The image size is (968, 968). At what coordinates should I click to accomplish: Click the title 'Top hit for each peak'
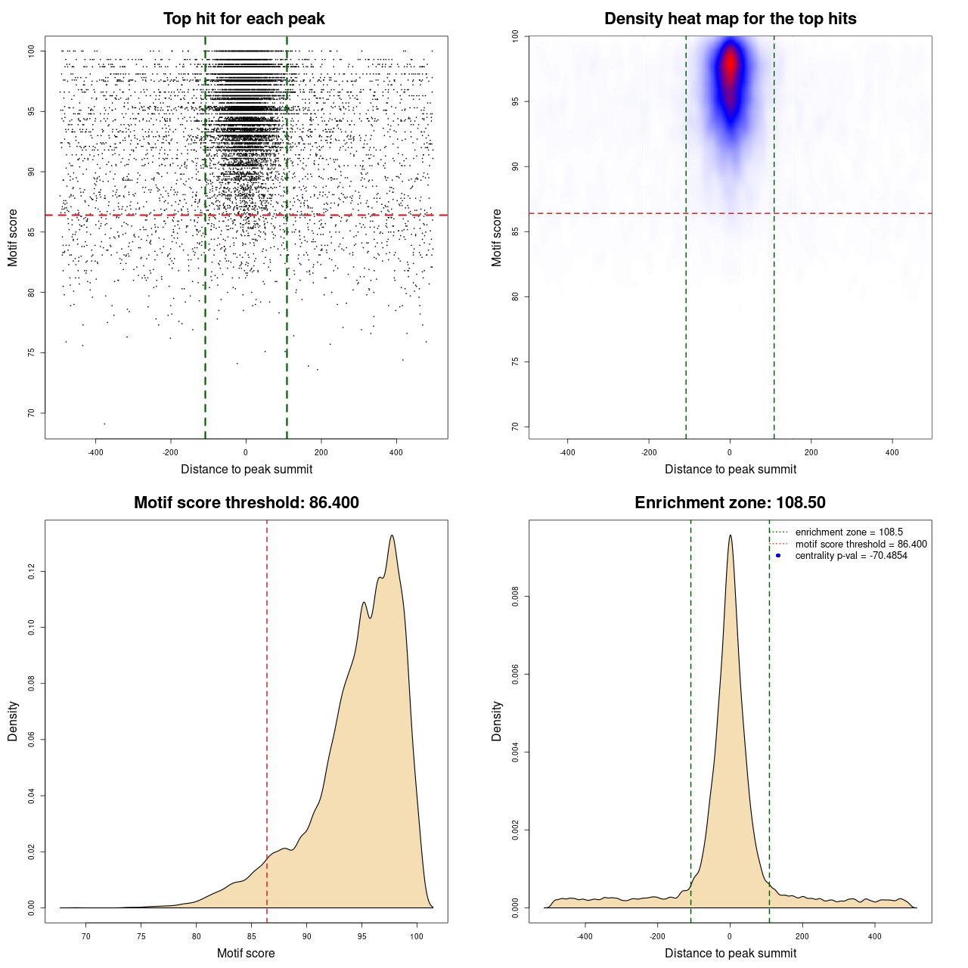244,19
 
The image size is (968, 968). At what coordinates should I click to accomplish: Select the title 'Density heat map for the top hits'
730,19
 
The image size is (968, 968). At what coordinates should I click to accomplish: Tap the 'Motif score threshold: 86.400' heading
246,503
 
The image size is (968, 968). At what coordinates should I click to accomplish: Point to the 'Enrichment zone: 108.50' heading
730,503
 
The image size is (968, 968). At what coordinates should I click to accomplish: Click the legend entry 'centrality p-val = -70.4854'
851,556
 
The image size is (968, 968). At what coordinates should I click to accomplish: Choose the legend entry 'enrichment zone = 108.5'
849,532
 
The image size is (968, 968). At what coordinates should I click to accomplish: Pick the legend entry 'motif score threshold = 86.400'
861,544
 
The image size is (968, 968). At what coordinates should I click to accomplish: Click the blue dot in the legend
778,556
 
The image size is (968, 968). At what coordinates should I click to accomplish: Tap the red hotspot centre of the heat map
730,64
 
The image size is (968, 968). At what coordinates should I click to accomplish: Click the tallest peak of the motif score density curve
392,535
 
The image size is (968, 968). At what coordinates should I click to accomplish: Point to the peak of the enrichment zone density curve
730,535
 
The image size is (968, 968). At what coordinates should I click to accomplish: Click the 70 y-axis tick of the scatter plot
31,413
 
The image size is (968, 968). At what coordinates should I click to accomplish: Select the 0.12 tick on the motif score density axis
31,572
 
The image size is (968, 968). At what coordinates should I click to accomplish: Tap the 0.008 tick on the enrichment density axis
515,597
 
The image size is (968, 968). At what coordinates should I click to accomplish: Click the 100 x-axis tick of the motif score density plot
417,936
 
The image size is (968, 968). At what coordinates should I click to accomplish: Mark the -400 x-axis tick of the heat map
567,452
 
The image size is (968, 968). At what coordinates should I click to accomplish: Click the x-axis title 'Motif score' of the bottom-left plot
246,953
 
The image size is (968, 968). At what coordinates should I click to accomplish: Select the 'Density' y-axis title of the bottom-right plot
497,721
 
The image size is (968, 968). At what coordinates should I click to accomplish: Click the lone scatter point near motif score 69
104,423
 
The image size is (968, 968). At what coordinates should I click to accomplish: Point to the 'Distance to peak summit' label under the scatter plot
247,469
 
